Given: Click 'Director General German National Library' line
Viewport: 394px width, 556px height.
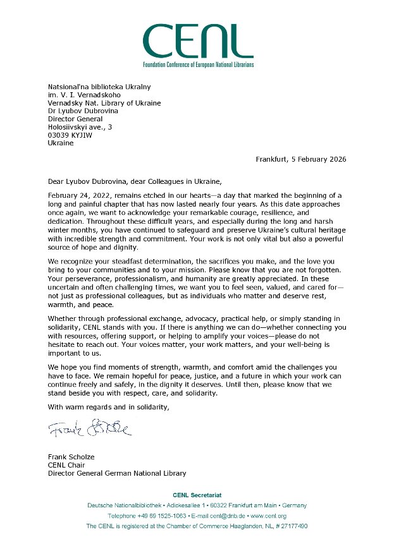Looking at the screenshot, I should pos(117,473).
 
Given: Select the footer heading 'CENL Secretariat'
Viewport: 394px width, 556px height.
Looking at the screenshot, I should pos(197,494).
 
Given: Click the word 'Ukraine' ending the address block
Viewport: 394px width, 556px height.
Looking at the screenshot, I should pos(61,143).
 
